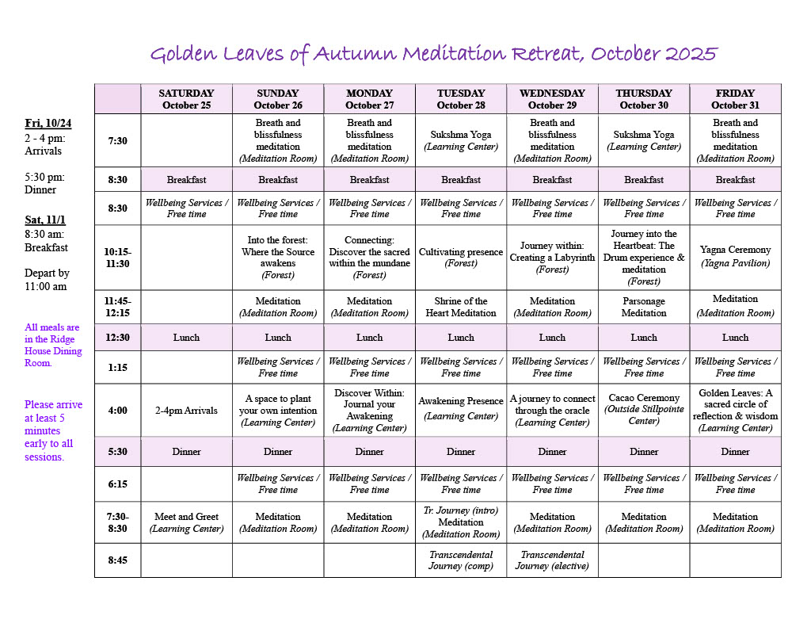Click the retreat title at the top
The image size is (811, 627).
(x=433, y=54)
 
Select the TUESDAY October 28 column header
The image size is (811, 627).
(x=461, y=99)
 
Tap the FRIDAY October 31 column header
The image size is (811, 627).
(x=735, y=99)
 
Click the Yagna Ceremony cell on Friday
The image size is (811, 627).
(x=735, y=256)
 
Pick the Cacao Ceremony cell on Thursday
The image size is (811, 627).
(x=644, y=409)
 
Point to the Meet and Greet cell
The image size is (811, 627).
(x=186, y=522)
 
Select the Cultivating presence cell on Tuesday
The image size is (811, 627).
(x=461, y=257)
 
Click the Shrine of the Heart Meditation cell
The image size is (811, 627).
(x=461, y=307)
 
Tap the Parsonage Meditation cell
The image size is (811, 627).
(x=644, y=307)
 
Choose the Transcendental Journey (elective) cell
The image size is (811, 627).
(x=552, y=560)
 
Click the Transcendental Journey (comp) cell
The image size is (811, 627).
(x=461, y=560)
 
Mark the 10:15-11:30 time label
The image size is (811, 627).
(x=118, y=258)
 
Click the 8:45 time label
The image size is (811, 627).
(x=118, y=560)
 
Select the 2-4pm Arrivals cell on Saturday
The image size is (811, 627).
(x=186, y=411)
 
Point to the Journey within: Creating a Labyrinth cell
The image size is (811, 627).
(x=552, y=258)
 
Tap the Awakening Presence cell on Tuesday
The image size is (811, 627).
(x=461, y=408)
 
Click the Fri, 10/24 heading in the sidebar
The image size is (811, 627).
(x=48, y=123)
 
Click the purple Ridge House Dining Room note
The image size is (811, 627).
(x=53, y=345)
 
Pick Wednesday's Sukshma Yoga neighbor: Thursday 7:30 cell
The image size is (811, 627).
(x=644, y=140)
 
